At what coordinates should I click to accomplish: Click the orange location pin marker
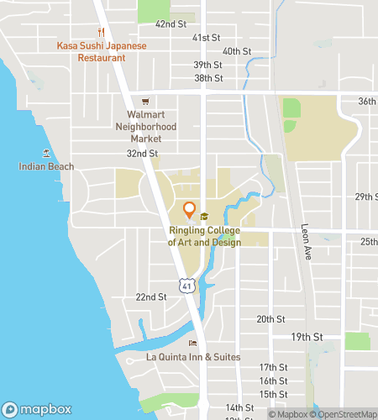pyautogui.click(x=189, y=210)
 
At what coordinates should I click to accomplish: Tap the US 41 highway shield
pyautogui.click(x=186, y=286)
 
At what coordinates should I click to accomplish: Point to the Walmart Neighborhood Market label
pyautogui.click(x=146, y=126)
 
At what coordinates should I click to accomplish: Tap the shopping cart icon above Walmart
pyautogui.click(x=145, y=100)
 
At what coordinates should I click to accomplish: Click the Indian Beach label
pyautogui.click(x=46, y=166)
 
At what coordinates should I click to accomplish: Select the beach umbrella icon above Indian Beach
pyautogui.click(x=46, y=152)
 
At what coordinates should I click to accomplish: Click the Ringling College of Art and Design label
pyautogui.click(x=205, y=237)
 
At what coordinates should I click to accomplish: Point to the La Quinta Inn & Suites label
pyautogui.click(x=193, y=357)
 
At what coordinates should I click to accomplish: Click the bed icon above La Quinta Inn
pyautogui.click(x=193, y=343)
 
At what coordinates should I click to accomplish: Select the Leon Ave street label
pyautogui.click(x=306, y=241)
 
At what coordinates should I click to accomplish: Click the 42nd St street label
pyautogui.click(x=170, y=24)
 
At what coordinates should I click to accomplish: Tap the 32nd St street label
pyautogui.click(x=142, y=154)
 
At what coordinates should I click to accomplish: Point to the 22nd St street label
pyautogui.click(x=151, y=297)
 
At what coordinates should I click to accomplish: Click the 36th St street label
pyautogui.click(x=367, y=101)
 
